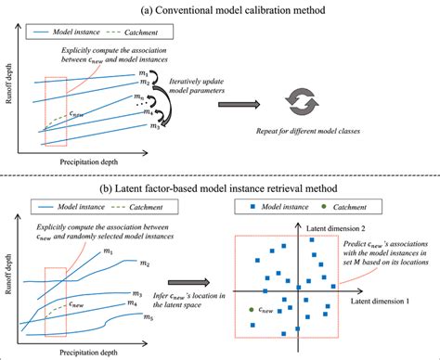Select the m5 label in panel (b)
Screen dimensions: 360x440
(x=148, y=316)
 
